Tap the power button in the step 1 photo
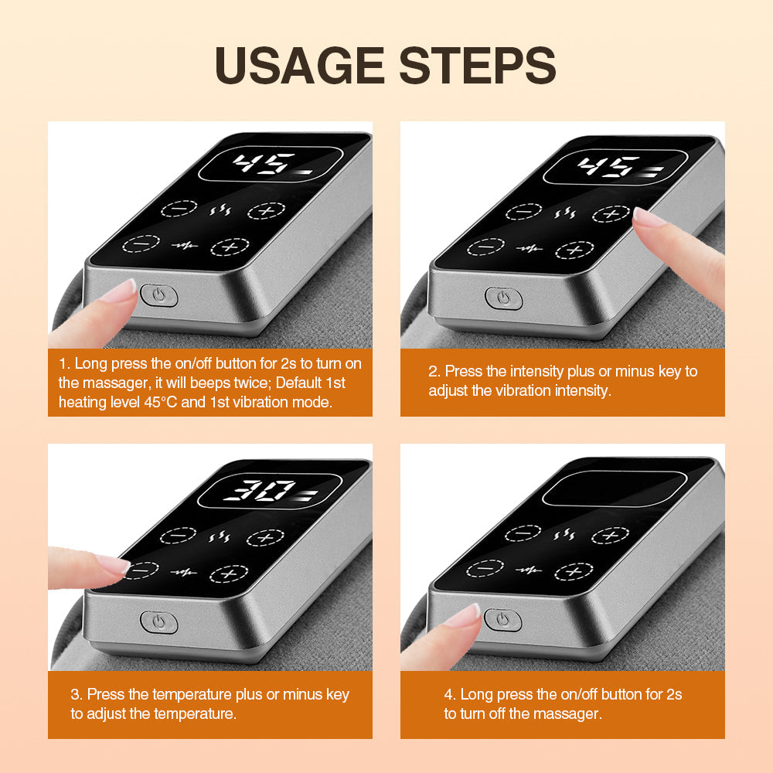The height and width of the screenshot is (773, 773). tap(159, 295)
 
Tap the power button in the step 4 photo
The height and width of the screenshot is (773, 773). tap(502, 619)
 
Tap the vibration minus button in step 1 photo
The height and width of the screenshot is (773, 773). tap(141, 243)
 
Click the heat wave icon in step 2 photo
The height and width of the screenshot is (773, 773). tap(567, 211)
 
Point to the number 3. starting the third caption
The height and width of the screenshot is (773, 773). tap(77, 695)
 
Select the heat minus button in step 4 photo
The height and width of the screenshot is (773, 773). tap(523, 533)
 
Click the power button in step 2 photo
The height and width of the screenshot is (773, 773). tap(504, 298)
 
